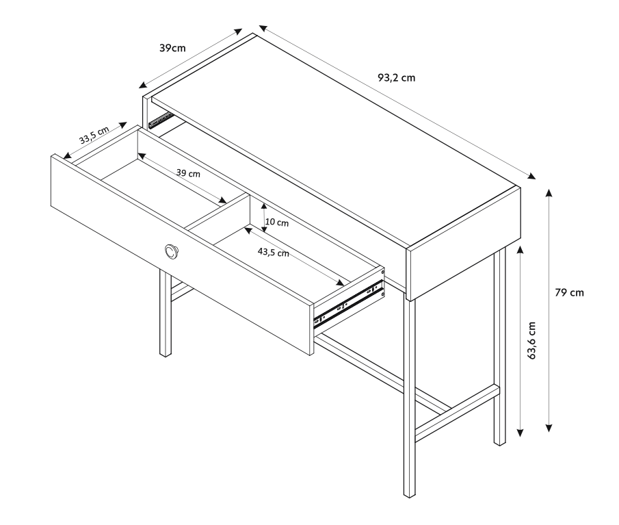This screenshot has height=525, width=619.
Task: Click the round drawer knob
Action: tap(172, 251)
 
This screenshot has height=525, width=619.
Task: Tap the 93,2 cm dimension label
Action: tap(396, 78)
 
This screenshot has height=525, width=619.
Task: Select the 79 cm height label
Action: tap(569, 293)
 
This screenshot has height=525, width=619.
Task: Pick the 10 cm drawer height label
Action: tap(277, 222)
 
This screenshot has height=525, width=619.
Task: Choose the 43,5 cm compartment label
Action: tap(273, 252)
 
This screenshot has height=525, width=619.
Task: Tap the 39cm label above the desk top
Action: tap(172, 48)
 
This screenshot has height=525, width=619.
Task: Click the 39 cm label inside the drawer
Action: tap(188, 173)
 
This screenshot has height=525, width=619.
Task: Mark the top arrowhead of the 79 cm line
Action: tap(549, 192)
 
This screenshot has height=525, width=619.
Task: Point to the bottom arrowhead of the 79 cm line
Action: tap(549, 428)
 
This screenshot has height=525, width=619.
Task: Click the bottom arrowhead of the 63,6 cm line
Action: tap(521, 433)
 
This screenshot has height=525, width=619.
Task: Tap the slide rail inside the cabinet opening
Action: tap(161, 120)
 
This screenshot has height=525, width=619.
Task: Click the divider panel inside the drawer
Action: tap(217, 212)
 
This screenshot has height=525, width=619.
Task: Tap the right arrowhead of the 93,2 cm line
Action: tap(532, 176)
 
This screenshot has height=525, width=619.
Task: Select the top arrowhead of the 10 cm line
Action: tap(264, 207)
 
